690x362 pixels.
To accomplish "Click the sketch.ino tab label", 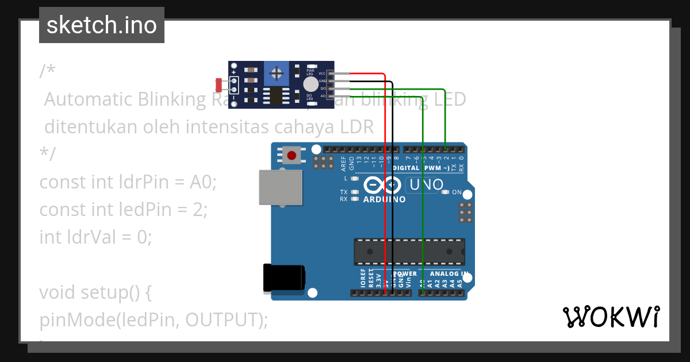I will click(x=101, y=25).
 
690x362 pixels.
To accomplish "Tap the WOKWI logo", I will click(x=611, y=317).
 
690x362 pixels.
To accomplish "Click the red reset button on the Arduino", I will click(x=292, y=155).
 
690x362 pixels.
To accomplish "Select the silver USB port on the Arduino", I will click(x=280, y=187).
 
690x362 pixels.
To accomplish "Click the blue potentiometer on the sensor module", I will click(x=277, y=74).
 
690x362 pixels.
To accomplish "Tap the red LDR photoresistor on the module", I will click(x=219, y=84).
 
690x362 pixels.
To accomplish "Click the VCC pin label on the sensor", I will click(x=322, y=74).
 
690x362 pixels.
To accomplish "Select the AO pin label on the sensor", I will click(x=323, y=96).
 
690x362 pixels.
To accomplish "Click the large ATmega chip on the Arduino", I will click(x=409, y=252).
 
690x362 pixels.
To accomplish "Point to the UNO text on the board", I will click(x=425, y=185).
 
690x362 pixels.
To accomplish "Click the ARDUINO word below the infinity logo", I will click(x=384, y=199).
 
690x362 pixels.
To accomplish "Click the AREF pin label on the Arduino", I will click(x=344, y=164).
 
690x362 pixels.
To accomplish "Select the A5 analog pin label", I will click(x=459, y=283).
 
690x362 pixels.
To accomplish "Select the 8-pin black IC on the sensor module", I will click(x=277, y=95).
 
